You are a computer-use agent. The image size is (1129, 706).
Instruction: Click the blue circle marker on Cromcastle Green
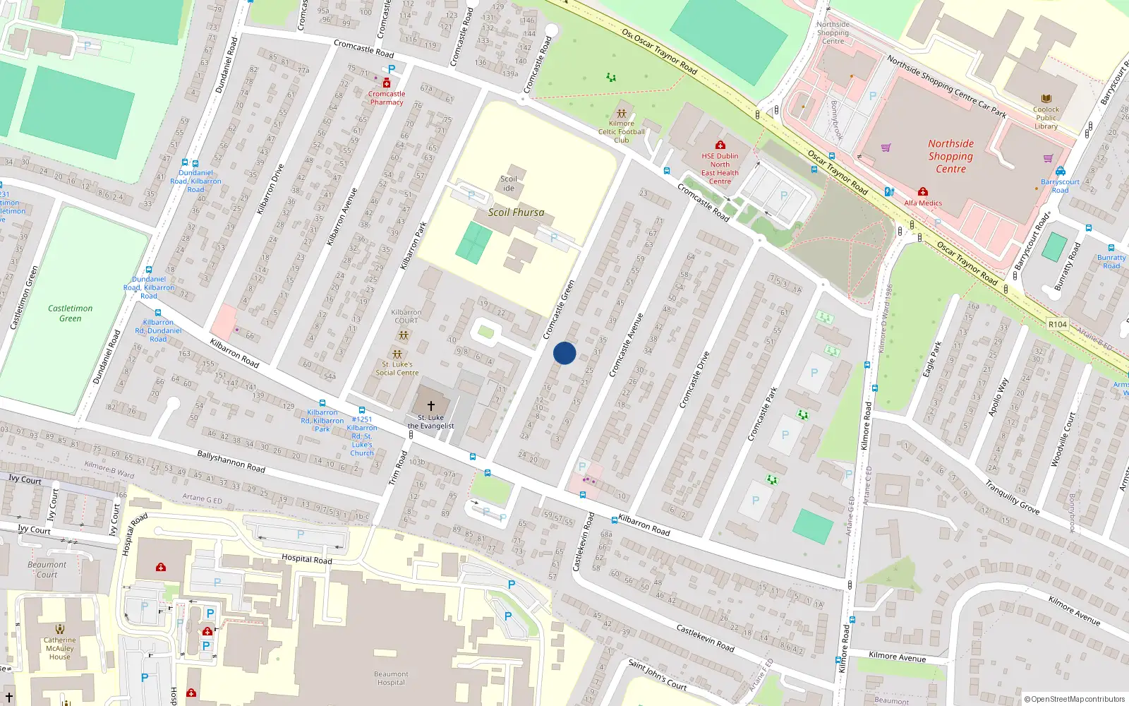click(564, 353)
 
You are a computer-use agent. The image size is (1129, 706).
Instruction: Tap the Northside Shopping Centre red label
click(950, 156)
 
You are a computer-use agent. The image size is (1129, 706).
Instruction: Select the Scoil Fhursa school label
click(516, 212)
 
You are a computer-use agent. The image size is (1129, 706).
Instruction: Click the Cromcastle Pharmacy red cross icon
click(387, 83)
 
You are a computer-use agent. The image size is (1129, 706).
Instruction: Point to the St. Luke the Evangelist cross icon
click(430, 406)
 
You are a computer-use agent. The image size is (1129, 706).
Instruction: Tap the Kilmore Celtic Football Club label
click(622, 131)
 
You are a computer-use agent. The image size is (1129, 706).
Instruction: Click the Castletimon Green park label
click(70, 313)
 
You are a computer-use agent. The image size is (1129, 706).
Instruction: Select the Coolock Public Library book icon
click(1046, 99)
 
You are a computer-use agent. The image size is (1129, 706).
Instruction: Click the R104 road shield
click(1057, 324)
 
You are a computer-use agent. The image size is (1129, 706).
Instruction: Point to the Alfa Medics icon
click(922, 192)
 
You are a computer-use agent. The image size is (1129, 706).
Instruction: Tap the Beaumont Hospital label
click(391, 678)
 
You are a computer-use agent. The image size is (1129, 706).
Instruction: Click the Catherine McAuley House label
click(60, 648)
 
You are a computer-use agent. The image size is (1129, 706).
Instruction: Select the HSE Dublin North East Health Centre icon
click(720, 145)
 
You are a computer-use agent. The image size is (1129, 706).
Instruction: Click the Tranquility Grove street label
click(1013, 498)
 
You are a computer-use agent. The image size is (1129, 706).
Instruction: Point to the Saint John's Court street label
click(657, 675)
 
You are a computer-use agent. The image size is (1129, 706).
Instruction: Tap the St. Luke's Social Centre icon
click(397, 354)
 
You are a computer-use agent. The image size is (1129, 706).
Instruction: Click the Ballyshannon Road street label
click(231, 462)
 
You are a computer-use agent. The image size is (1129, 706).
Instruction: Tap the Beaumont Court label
click(47, 570)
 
